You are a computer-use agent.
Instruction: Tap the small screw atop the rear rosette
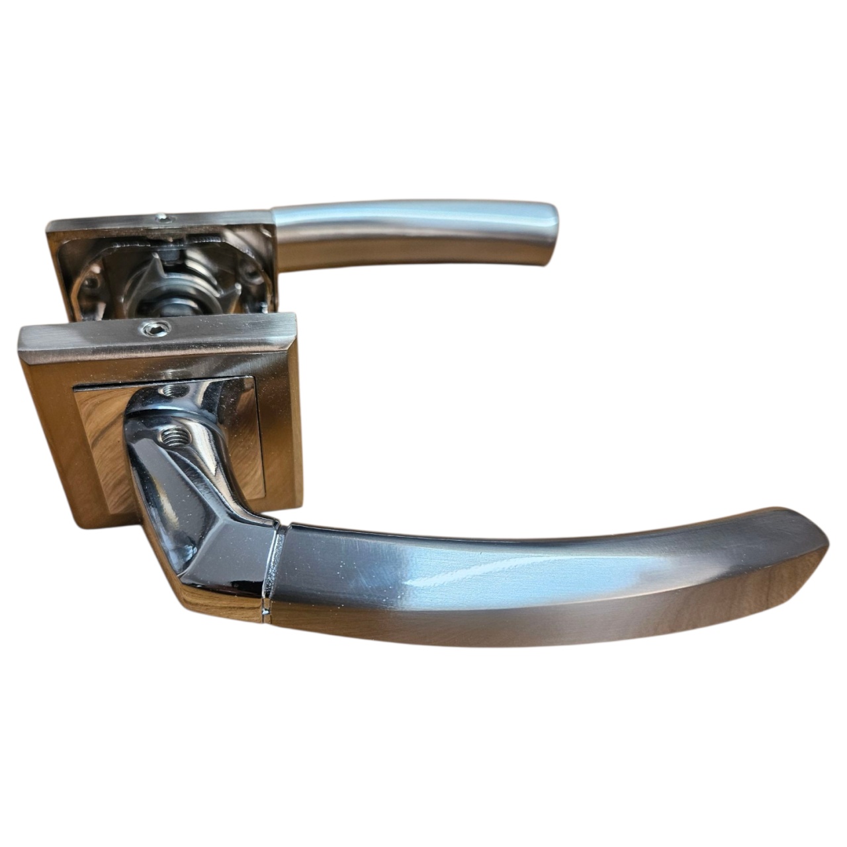161,216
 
